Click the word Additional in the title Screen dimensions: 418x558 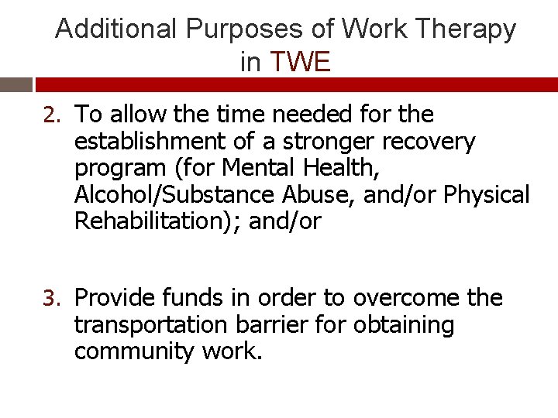[117, 29]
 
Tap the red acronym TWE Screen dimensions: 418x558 [300, 63]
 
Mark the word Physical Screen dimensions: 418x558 [487, 195]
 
